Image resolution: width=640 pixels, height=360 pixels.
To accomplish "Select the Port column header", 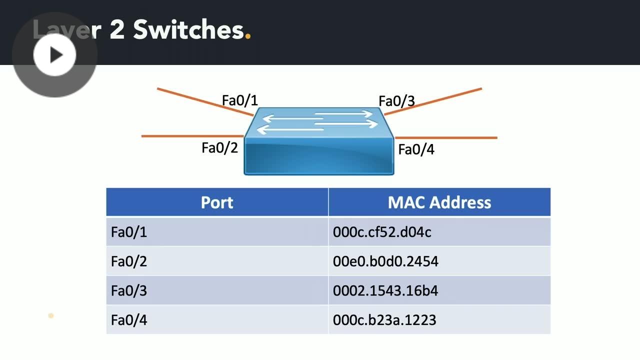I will click(x=217, y=202).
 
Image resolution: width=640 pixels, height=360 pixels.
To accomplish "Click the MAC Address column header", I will click(x=439, y=202).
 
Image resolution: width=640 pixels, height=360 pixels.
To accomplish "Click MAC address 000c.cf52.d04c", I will click(x=382, y=232).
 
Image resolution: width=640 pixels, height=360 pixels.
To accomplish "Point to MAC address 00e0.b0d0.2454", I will click(x=385, y=261).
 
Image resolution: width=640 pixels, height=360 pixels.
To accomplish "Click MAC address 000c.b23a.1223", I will click(x=384, y=320).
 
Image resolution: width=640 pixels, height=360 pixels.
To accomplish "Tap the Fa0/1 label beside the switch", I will click(x=240, y=100).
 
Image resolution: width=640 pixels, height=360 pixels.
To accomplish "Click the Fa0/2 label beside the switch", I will click(x=220, y=148).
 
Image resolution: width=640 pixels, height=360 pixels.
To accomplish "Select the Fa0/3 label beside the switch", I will click(x=396, y=101).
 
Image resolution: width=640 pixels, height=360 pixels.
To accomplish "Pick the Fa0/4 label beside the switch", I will click(x=416, y=149).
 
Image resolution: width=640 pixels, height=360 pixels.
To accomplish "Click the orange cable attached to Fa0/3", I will click(x=435, y=101).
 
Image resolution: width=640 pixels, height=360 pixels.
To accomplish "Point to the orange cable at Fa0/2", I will click(x=190, y=136).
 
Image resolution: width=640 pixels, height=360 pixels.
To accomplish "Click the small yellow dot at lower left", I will click(x=51, y=315).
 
